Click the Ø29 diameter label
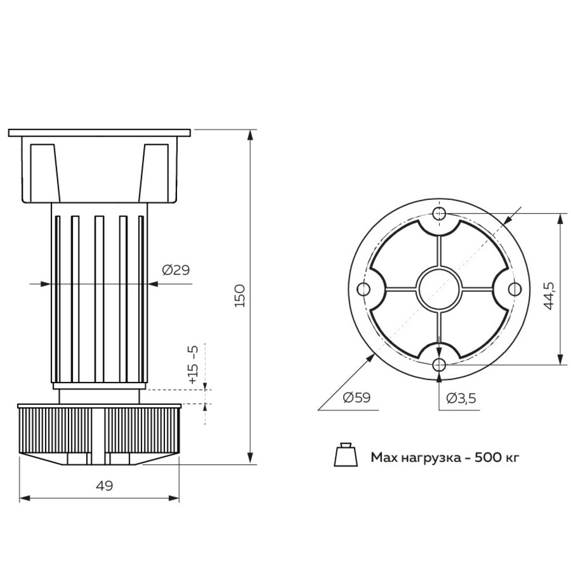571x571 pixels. click(175, 271)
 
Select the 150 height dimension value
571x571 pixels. click(240, 295)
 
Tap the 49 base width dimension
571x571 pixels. click(104, 486)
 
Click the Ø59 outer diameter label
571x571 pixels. click(357, 398)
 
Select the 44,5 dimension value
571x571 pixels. click(549, 295)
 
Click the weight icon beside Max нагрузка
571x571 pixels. click(345, 455)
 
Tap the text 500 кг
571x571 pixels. click(497, 457)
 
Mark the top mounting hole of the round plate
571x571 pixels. click(439, 214)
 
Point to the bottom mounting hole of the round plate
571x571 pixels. click(439, 364)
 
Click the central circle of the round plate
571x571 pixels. click(439, 289)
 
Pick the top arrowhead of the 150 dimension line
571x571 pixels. click(250, 135)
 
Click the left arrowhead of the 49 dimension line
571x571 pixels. click(23, 498)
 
